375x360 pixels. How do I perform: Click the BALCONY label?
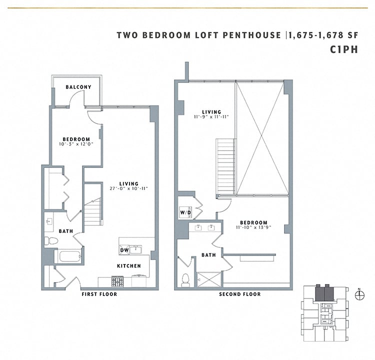[78, 87]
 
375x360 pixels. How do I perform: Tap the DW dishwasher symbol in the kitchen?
[124, 250]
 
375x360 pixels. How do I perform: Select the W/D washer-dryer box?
[185, 213]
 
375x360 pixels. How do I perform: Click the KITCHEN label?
[129, 266]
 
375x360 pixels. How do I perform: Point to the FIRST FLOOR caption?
[99, 294]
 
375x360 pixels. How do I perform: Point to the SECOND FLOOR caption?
[240, 294]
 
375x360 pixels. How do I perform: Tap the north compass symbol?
[359, 295]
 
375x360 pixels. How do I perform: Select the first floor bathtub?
[66, 257]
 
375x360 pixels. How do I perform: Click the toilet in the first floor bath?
[51, 241]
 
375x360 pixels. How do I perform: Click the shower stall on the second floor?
[209, 279]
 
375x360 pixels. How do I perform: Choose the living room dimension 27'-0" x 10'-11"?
[128, 188]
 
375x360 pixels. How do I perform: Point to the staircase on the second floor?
[225, 167]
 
